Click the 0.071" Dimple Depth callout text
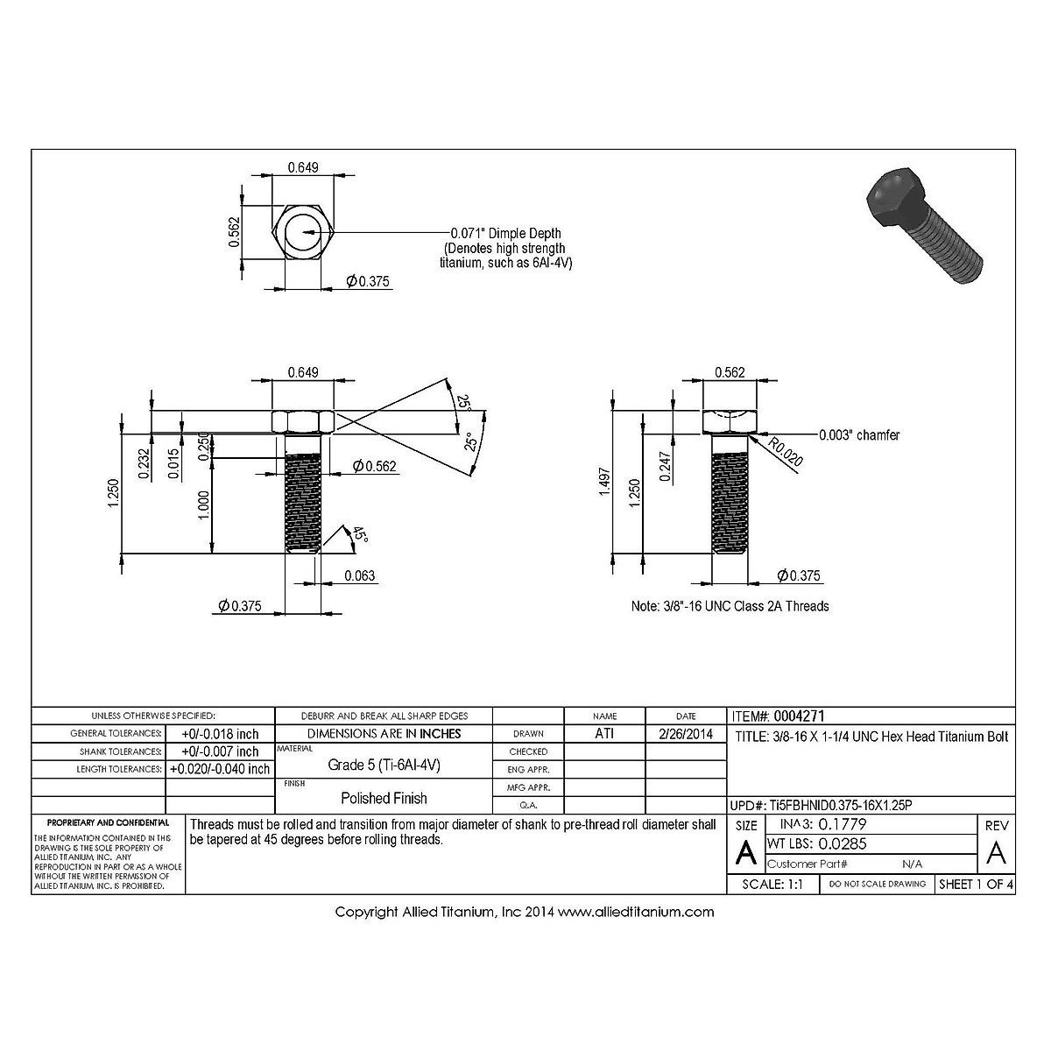505,233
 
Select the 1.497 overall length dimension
603,489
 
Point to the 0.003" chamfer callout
858,434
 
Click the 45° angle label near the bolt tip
360,534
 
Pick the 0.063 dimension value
359,575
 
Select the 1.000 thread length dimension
203,504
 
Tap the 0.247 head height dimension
666,467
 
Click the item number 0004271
800,716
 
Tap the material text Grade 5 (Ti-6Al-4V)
384,765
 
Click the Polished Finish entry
384,798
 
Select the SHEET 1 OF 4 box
976,885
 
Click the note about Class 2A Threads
730,606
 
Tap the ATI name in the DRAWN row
604,734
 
